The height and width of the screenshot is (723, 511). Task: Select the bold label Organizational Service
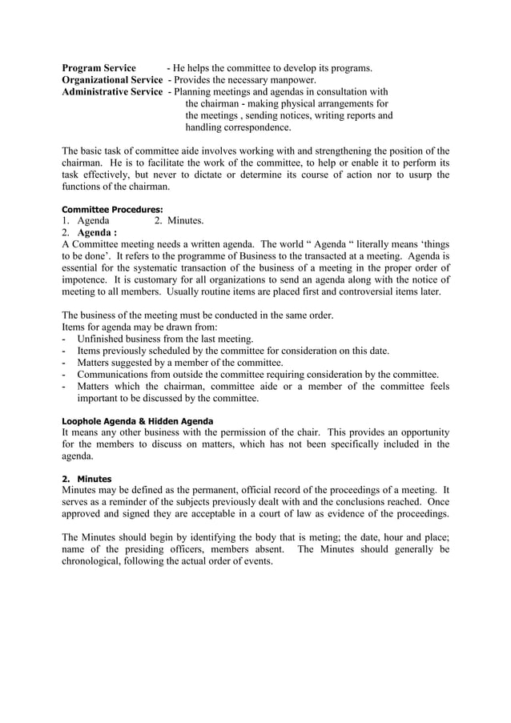tap(112, 80)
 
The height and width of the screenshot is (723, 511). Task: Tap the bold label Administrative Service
tap(112, 92)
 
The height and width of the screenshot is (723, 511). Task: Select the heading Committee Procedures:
tap(107, 210)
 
